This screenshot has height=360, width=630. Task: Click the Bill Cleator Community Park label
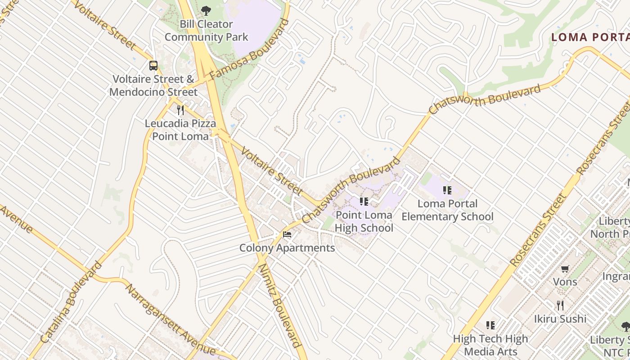pyautogui.click(x=206, y=31)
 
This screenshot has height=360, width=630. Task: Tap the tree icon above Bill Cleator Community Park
pyautogui.click(x=206, y=10)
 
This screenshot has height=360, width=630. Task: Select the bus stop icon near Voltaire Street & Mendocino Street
pyautogui.click(x=153, y=66)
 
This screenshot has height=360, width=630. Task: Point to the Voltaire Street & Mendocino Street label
pyautogui.click(x=153, y=85)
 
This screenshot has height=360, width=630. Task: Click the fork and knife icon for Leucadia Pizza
pyautogui.click(x=180, y=110)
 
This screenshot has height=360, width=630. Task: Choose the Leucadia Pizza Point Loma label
pyautogui.click(x=180, y=130)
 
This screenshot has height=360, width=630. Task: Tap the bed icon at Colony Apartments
pyautogui.click(x=287, y=234)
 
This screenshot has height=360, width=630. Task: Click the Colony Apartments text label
pyautogui.click(x=287, y=248)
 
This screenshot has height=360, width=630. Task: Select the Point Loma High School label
pyautogui.click(x=364, y=221)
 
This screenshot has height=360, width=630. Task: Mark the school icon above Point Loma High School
pyautogui.click(x=364, y=201)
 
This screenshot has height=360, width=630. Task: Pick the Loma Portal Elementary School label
pyautogui.click(x=447, y=210)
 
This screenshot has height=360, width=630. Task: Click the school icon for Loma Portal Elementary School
pyautogui.click(x=447, y=190)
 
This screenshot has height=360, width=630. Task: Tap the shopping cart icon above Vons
pyautogui.click(x=565, y=269)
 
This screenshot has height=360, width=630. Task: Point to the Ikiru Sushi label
pyautogui.click(x=560, y=319)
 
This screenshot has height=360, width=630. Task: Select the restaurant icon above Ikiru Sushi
pyautogui.click(x=560, y=305)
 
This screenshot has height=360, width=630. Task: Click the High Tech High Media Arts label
pyautogui.click(x=490, y=345)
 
